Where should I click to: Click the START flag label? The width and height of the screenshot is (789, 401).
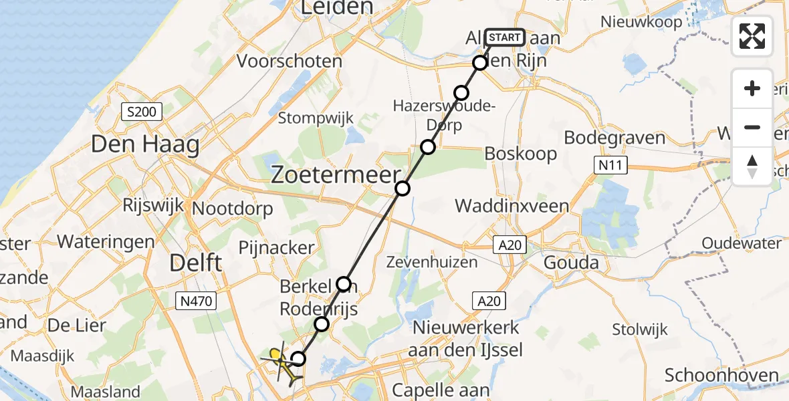pos(505,37)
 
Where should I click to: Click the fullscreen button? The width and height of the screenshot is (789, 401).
pos(752,36)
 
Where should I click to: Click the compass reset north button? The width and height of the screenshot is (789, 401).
pos(752,166)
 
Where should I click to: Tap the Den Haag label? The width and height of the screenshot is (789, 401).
pos(145,144)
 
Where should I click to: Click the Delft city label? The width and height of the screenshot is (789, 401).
pos(196,262)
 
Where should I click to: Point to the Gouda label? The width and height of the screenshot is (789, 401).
pos(572,262)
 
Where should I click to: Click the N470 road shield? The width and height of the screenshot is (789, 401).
pos(196,301)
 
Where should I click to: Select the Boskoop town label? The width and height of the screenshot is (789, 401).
pos(520,154)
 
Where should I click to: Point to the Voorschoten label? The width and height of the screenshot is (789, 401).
pos(290,61)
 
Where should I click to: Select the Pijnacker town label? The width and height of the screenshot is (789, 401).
pos(276,247)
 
